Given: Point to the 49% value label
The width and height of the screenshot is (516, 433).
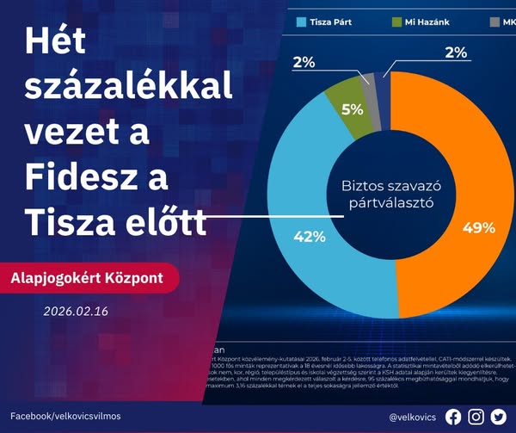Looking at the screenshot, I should pyautogui.click(x=478, y=228).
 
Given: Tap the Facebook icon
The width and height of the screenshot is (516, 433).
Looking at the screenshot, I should pyautogui.click(x=453, y=417).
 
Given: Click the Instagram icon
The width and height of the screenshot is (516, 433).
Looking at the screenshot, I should pyautogui.click(x=476, y=417).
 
